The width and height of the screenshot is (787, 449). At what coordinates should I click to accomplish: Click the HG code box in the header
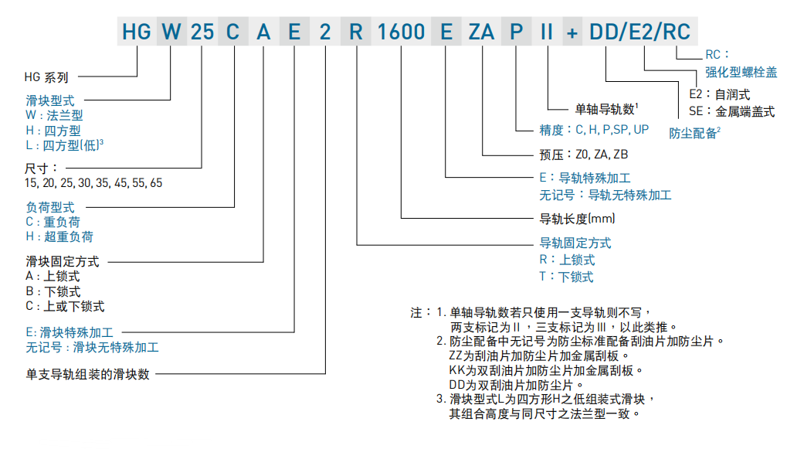[x=137, y=32]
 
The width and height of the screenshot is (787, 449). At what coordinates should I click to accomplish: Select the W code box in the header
[x=172, y=32]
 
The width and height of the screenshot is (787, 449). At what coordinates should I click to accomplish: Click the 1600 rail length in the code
[x=402, y=32]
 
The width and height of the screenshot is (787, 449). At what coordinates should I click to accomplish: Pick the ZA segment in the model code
[x=482, y=32]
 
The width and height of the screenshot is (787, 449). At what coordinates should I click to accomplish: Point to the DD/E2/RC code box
[x=640, y=32]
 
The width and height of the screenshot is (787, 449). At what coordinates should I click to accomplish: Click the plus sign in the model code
[x=572, y=32]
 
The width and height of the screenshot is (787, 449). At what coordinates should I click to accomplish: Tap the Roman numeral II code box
[x=547, y=32]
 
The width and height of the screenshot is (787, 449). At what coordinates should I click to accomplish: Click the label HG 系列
[x=46, y=77]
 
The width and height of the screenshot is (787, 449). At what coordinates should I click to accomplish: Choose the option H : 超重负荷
[x=59, y=236]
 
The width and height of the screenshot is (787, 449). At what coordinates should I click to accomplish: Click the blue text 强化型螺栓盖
[x=741, y=72]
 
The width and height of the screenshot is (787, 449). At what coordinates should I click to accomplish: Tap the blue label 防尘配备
[x=693, y=132]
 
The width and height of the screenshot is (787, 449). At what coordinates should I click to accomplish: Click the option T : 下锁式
[x=566, y=277]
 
